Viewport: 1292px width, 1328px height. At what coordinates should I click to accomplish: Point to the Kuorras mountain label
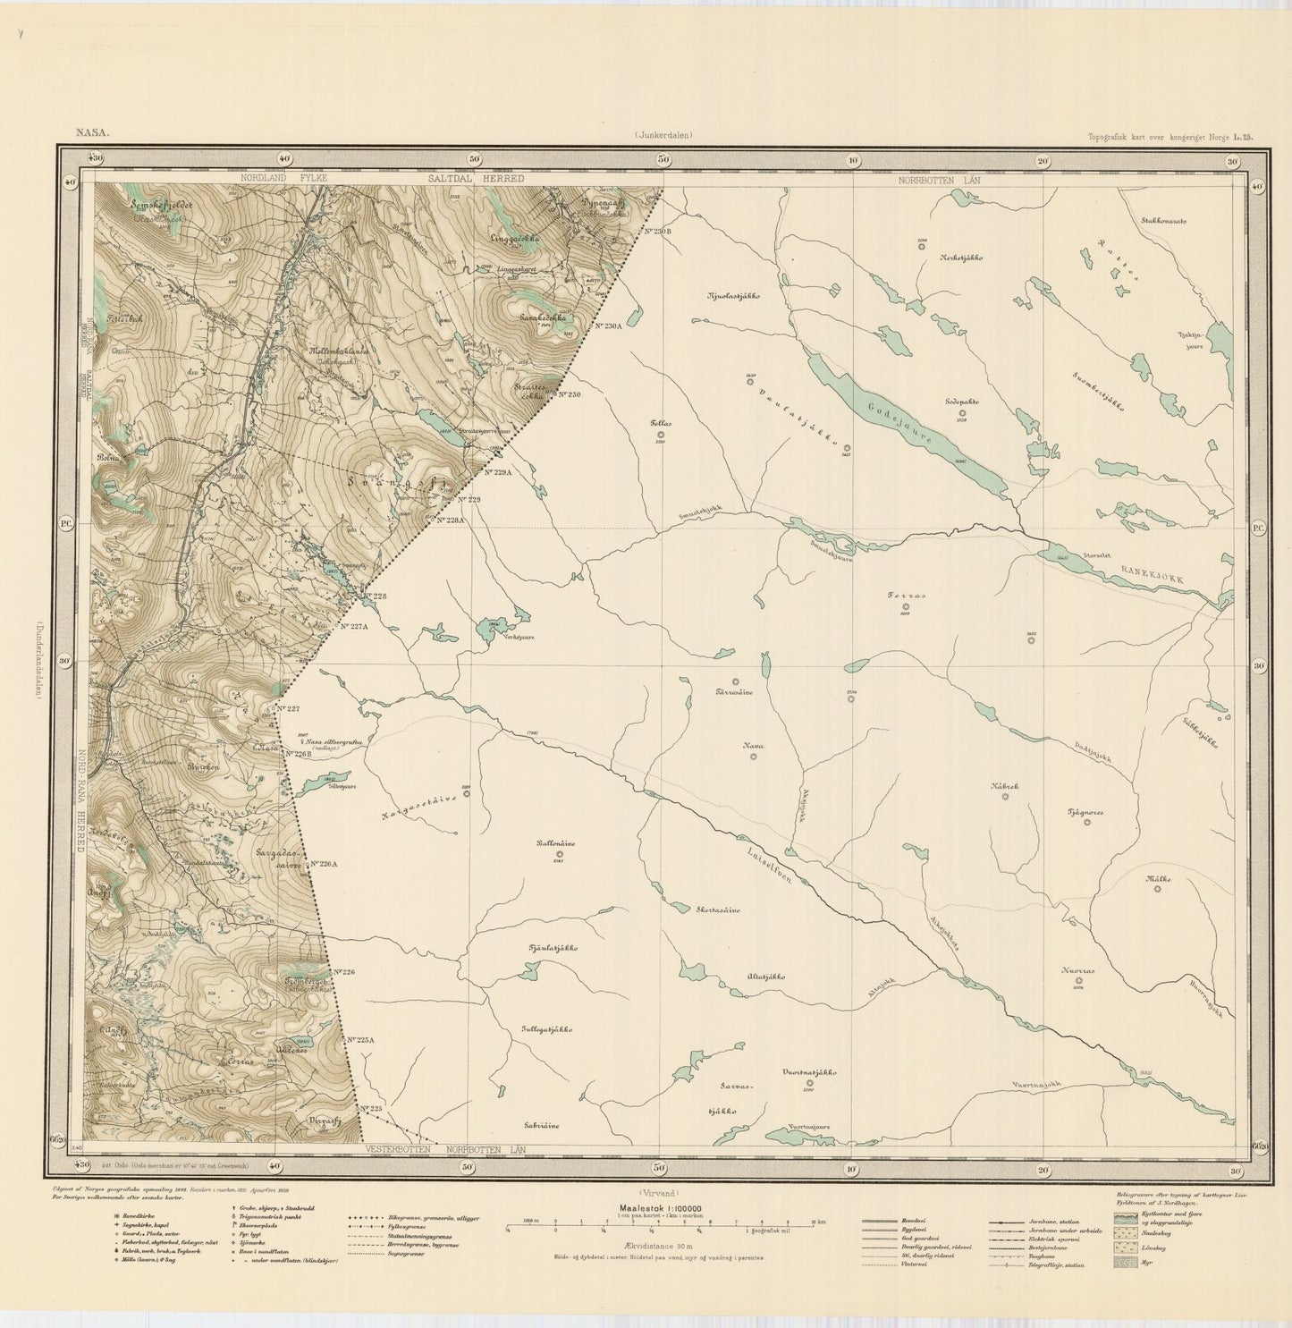[x=1077, y=969]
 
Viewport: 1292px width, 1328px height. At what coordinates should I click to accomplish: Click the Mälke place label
[x=1158, y=879]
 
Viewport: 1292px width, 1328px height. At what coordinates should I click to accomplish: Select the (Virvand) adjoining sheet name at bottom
[x=660, y=1192]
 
